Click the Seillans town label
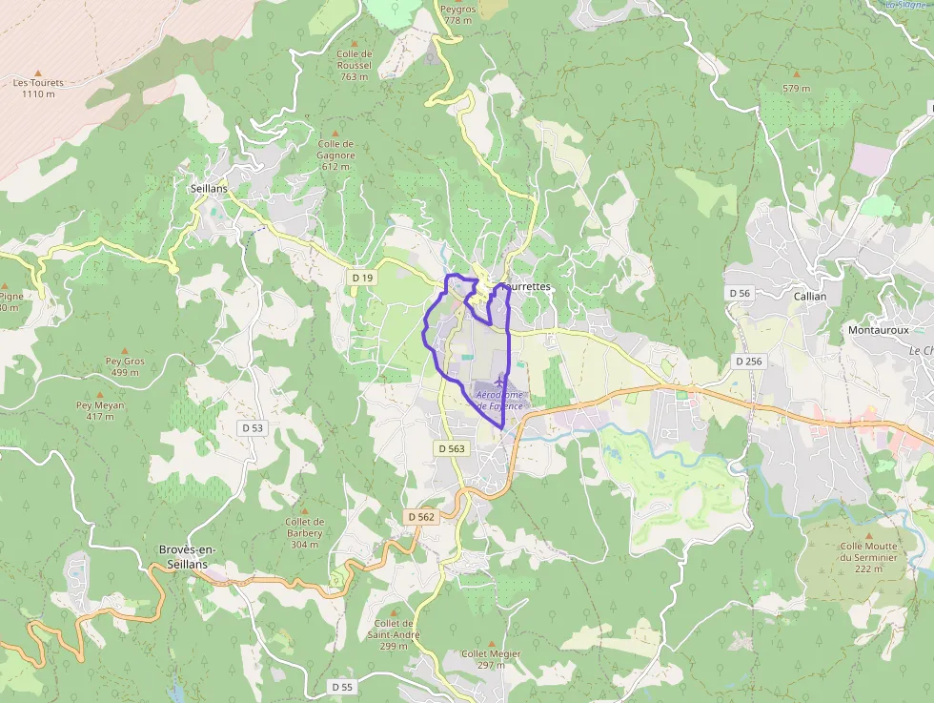(209, 189)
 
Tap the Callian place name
(810, 296)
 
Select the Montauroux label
(879, 330)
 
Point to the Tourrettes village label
(525, 286)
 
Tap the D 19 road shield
(361, 278)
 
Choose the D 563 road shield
(452, 448)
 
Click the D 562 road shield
(420, 517)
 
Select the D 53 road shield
(252, 428)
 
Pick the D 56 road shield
(740, 293)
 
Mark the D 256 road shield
(750, 362)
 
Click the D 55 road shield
(342, 687)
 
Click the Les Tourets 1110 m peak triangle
(38, 72)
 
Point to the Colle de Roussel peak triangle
(355, 44)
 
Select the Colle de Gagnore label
(336, 150)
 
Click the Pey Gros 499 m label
(125, 367)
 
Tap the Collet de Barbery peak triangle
(305, 511)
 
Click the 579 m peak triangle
(796, 72)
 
